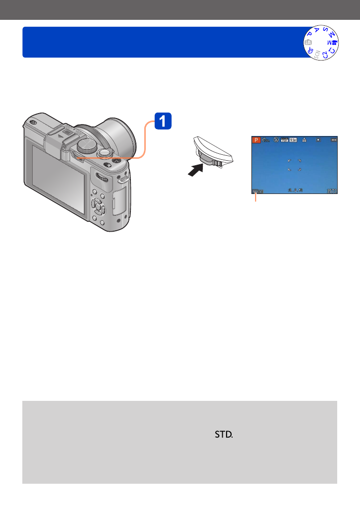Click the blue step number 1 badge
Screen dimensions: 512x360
163,122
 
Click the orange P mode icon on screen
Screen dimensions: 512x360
256,140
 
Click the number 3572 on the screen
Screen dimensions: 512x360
332,191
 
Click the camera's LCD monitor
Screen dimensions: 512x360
59,176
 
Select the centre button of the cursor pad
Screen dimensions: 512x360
99,206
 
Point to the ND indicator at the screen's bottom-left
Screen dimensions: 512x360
257,191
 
